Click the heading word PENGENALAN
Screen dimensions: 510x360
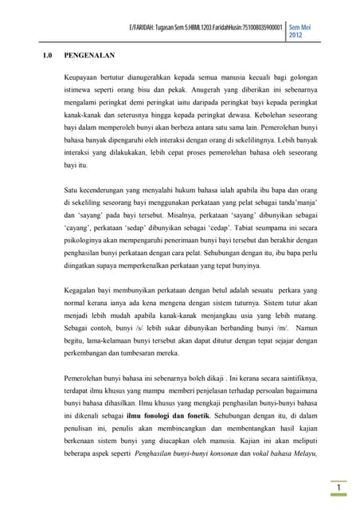pos(88,56)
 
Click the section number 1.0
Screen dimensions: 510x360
pos(47,56)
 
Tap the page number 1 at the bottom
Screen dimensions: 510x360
pos(338,487)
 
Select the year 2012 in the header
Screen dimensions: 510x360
pos(295,37)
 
